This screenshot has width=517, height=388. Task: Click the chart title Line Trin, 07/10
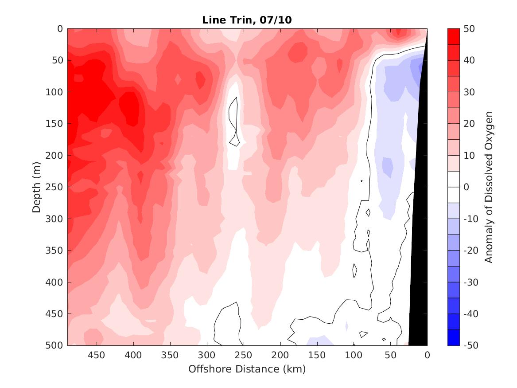pyautogui.click(x=247, y=20)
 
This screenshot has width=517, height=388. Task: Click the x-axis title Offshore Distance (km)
pyautogui.click(x=247, y=369)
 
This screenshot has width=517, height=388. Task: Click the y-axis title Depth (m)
pyautogui.click(x=37, y=187)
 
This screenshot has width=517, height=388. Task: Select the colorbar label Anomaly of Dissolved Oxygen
pyautogui.click(x=489, y=187)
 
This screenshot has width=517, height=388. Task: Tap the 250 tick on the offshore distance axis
pyautogui.click(x=243, y=355)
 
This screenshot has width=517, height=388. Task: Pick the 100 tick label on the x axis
pyautogui.click(x=354, y=355)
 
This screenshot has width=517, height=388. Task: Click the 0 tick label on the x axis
pyautogui.click(x=427, y=355)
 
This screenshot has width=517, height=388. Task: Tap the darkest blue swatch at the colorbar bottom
pyautogui.click(x=453, y=337)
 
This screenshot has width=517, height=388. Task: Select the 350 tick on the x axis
pyautogui.click(x=170, y=355)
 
